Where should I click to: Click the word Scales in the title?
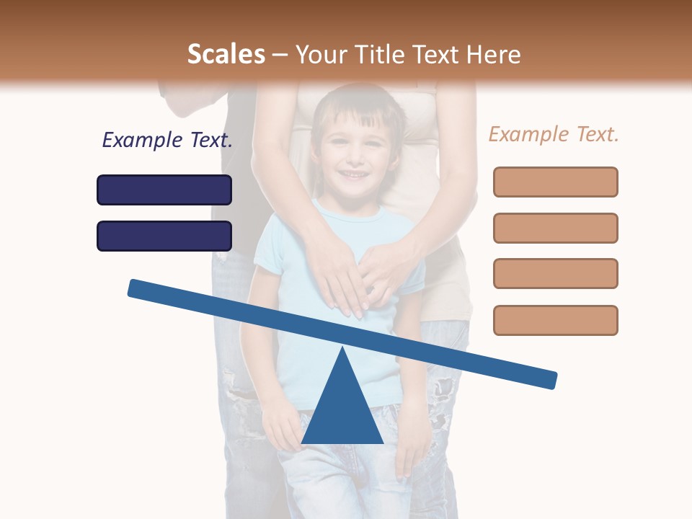click(226, 54)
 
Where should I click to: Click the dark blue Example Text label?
click(167, 140)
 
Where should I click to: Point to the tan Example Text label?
click(554, 134)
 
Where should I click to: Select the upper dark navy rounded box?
click(164, 190)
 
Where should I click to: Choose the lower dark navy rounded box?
click(164, 236)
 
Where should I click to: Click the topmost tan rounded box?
click(555, 182)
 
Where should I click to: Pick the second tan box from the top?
click(555, 228)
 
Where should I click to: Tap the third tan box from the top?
click(555, 273)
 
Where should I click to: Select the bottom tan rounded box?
click(555, 320)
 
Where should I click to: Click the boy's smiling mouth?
click(354, 175)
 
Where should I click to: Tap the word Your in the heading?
click(320, 54)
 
